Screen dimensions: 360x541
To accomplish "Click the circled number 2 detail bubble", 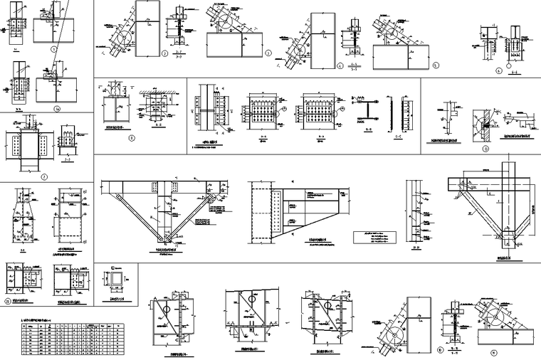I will click(164, 53).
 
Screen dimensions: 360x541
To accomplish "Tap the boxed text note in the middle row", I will click(376, 237).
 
